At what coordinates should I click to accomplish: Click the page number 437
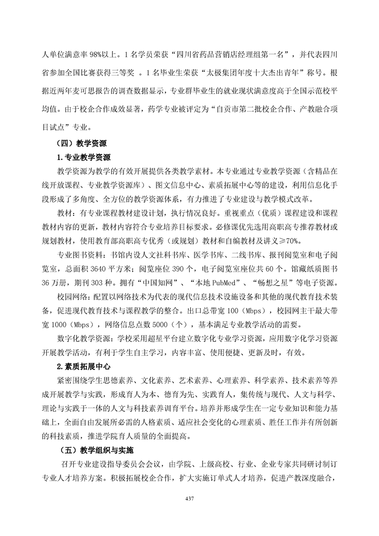189,499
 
